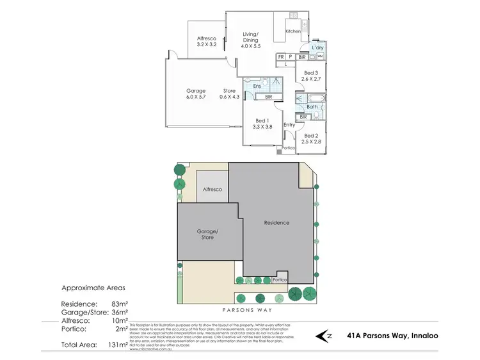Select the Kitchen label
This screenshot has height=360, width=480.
tap(293, 31)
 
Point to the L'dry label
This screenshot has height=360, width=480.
tap(317, 48)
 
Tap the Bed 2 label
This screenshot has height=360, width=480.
tap(312, 139)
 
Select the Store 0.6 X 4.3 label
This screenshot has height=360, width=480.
tap(229, 94)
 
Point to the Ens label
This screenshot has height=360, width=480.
tap(257, 86)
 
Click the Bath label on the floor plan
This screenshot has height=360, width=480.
tap(312, 107)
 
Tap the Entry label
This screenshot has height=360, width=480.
tap(289, 124)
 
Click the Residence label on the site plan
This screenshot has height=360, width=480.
tap(277, 223)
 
